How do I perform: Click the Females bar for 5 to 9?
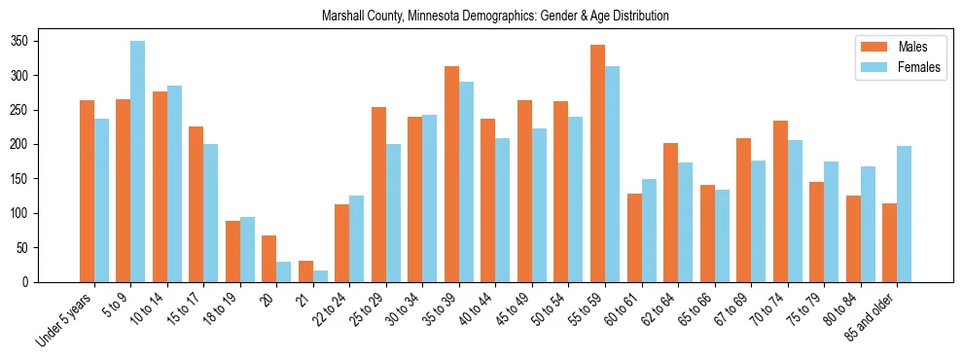(x=138, y=162)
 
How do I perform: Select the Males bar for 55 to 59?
(x=597, y=163)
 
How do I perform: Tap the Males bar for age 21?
(x=305, y=271)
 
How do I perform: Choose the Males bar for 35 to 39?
(x=451, y=174)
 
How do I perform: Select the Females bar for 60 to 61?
(x=649, y=231)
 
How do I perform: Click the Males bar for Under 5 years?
(x=87, y=191)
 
